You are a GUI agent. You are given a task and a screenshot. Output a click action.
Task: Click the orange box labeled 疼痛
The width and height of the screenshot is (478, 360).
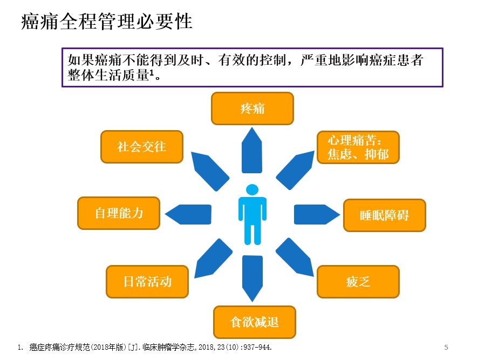tap(252, 108)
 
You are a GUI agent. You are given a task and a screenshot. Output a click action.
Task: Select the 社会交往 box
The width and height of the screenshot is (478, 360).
tap(142, 147)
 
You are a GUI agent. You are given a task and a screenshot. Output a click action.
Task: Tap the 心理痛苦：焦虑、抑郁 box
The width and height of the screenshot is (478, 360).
tap(358, 147)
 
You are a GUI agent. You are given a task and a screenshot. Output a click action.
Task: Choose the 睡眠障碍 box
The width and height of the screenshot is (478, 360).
tap(385, 215)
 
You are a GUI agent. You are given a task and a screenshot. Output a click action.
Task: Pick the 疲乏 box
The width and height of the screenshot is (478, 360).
tap(358, 282)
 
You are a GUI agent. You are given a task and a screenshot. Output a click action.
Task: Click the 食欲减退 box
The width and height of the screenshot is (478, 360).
tap(255, 322)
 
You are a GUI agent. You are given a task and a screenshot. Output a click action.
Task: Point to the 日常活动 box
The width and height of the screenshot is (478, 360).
tap(147, 282)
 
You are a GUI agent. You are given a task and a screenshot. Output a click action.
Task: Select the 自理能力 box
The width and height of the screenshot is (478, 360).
tap(119, 213)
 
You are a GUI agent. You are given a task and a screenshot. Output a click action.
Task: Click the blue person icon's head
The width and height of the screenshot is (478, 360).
tap(252, 190)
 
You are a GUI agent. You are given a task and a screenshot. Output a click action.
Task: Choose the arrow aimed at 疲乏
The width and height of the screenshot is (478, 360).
tap(295, 257)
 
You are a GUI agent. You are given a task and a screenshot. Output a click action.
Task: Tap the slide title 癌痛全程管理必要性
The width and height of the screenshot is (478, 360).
tap(107, 22)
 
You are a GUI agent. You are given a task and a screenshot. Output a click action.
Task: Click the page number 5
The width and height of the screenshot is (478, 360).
tap(446, 347)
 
